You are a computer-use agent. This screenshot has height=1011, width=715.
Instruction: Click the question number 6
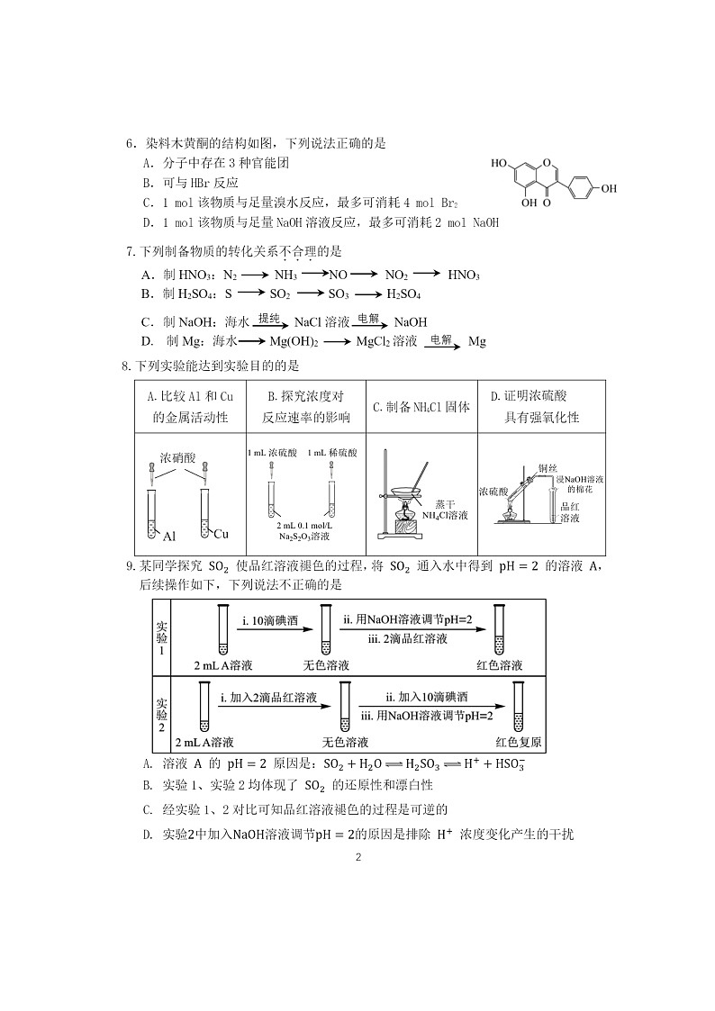(x=129, y=143)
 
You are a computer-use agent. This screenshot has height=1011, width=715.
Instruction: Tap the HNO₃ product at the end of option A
(x=464, y=275)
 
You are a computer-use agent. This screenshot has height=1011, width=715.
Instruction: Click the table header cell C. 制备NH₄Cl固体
(x=421, y=407)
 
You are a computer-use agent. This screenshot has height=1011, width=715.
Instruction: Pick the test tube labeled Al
(x=151, y=513)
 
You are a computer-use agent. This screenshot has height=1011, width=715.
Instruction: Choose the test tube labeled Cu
(x=205, y=513)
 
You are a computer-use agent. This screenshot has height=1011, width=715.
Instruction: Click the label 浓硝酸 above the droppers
(x=177, y=456)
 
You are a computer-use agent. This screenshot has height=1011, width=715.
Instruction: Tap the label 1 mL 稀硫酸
(x=332, y=452)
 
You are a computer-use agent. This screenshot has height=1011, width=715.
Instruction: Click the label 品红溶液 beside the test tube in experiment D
(x=569, y=512)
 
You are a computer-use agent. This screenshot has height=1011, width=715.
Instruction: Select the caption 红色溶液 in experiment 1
(x=500, y=666)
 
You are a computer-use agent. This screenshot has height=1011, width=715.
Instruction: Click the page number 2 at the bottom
(x=357, y=858)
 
